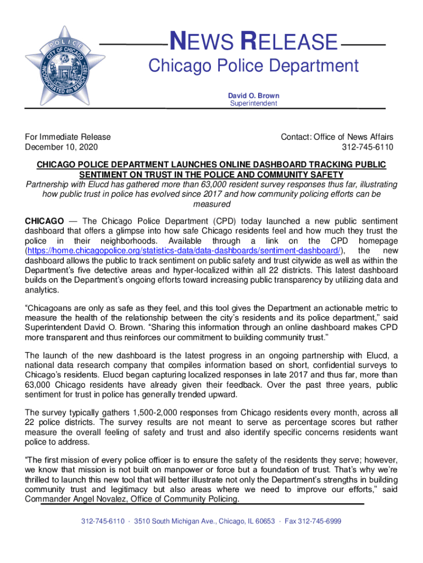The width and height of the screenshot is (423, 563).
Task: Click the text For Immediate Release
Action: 68,136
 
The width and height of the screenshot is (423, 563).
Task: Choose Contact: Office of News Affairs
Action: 337,136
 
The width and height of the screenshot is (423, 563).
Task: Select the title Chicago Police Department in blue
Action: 253,67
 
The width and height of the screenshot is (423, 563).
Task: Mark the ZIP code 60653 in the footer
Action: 263,521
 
